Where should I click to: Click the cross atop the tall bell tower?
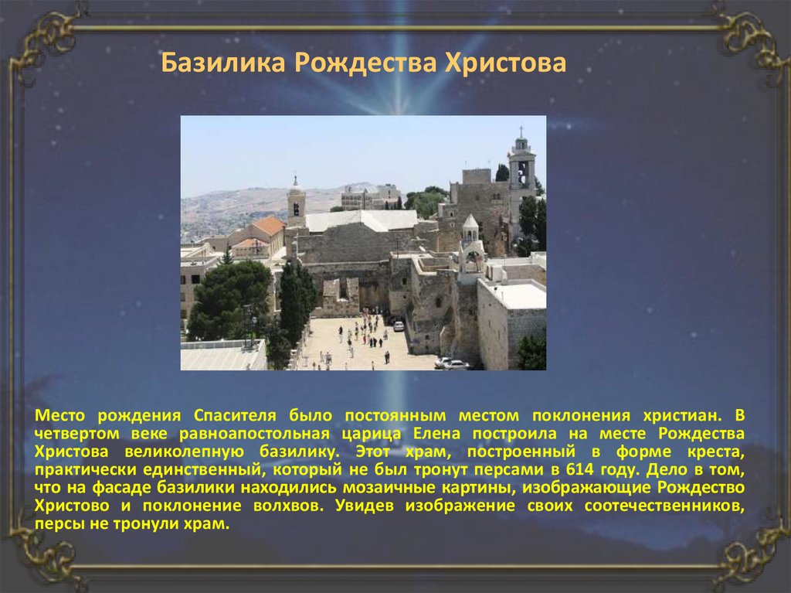tap(521, 131)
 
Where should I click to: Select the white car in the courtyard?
tap(399, 325)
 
